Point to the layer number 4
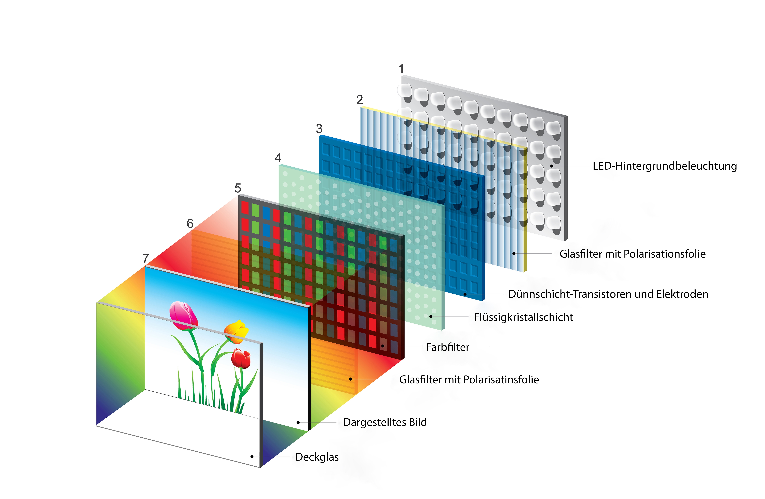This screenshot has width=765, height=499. pos(278,158)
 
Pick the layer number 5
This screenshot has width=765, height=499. pos(238,188)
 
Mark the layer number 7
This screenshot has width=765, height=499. pos(146,258)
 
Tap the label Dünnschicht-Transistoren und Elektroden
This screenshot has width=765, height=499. pos(608,294)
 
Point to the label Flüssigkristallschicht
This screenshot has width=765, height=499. pos(523,317)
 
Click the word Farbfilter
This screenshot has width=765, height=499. pos(447,347)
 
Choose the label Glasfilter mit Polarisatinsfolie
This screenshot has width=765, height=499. pos(469,380)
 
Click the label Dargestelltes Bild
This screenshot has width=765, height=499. pos(385,422)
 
